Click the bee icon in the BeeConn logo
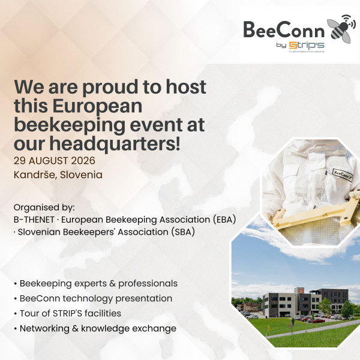click(x=341, y=29)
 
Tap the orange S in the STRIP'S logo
click(x=293, y=46)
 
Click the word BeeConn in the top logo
click(x=284, y=30)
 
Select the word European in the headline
click(x=97, y=107)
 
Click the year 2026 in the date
click(x=83, y=161)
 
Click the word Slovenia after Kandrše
click(x=81, y=175)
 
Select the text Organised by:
click(x=44, y=208)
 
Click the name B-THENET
click(x=34, y=220)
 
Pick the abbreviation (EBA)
click(x=224, y=220)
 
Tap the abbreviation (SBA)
click(x=183, y=232)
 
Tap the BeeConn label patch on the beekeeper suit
click(x=343, y=175)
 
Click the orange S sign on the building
click(x=301, y=292)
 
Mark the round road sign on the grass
click(x=292, y=325)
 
